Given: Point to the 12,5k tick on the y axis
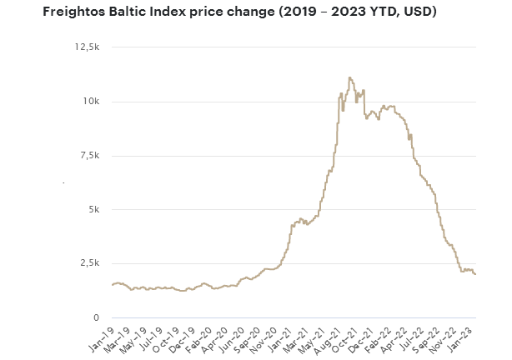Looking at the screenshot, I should (x=87, y=47).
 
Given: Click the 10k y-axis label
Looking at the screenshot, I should (x=92, y=102).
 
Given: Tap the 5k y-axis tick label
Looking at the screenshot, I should (x=94, y=210).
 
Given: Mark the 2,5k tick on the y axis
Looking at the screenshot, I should (x=89, y=263).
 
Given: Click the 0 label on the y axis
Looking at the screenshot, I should (x=97, y=317).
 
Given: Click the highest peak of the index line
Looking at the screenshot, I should (x=349, y=77).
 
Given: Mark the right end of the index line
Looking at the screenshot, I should (x=476, y=275).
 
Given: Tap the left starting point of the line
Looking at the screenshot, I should (x=112, y=285).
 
